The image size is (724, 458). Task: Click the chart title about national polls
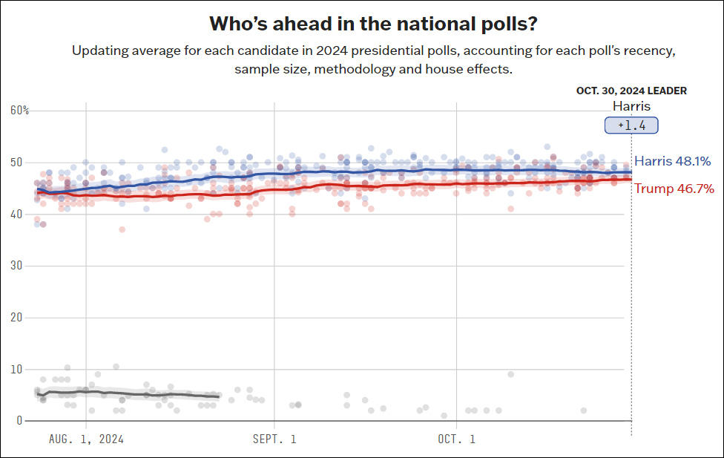373,24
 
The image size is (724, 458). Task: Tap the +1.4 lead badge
631,125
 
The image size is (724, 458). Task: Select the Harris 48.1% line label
673,161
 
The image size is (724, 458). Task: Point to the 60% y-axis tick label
20,111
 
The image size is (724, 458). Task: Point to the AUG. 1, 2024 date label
86,439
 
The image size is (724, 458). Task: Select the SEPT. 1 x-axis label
274,439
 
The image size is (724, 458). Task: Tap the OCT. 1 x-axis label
456,439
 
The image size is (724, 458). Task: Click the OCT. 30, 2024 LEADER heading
631,91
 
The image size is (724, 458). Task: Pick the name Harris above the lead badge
631,106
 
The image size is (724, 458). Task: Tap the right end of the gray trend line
219,397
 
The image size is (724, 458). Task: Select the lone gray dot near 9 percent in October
511,374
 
